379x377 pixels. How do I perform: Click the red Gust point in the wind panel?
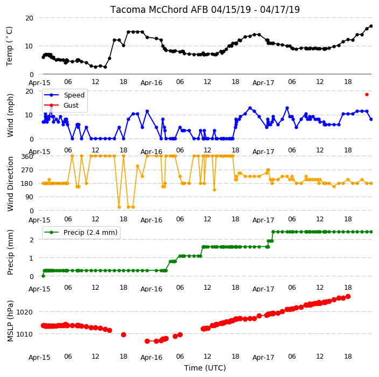point(367,95)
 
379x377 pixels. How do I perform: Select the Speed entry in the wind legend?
point(64,95)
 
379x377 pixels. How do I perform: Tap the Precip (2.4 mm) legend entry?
point(81,232)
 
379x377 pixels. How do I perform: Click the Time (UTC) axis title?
point(205,367)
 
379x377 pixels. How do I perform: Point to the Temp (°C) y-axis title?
point(10,46)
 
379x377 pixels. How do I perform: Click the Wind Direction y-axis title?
point(10,184)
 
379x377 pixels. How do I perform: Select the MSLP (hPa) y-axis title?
point(10,321)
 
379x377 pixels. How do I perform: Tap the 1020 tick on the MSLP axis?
point(24,312)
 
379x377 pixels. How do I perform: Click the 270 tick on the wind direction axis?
point(27,170)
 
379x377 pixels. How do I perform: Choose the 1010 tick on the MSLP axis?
point(24,334)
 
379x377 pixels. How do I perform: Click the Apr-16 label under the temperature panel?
point(151,83)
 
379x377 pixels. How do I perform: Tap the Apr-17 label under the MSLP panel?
point(263,357)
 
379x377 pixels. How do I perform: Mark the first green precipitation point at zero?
point(43,276)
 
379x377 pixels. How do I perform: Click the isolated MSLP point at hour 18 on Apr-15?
point(123,334)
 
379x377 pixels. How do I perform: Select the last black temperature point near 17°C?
point(371,26)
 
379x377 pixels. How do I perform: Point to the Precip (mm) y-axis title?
point(10,252)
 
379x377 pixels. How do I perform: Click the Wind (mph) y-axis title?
point(10,115)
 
